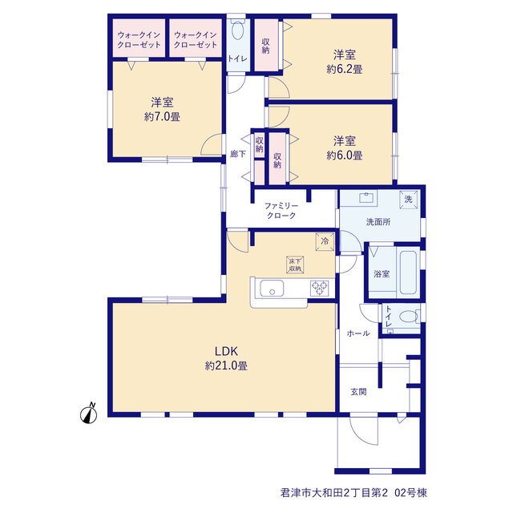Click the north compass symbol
(x=89, y=414)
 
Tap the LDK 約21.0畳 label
(x=226, y=358)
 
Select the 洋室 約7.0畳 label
(x=162, y=109)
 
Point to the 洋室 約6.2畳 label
(x=344, y=62)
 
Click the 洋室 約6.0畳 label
(x=344, y=147)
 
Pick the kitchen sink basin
(x=272, y=289)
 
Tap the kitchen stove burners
(x=319, y=289)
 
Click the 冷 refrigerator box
(x=325, y=241)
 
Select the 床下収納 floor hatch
(x=295, y=265)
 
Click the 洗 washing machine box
(x=408, y=199)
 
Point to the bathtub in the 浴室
(x=408, y=273)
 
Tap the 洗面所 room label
(x=378, y=222)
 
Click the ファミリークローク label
(x=281, y=210)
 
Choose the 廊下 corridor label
(x=238, y=153)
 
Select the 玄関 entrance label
(x=358, y=392)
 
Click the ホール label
(x=358, y=333)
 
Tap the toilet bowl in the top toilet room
(x=237, y=31)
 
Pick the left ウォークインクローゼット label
(x=139, y=39)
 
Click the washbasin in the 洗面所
(x=366, y=198)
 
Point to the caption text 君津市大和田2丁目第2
(x=334, y=492)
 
